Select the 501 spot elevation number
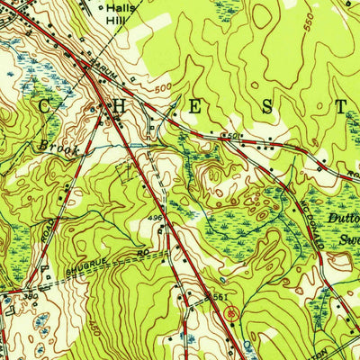coord(231,136)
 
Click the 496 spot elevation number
coord(154,217)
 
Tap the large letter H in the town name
coord(117,105)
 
